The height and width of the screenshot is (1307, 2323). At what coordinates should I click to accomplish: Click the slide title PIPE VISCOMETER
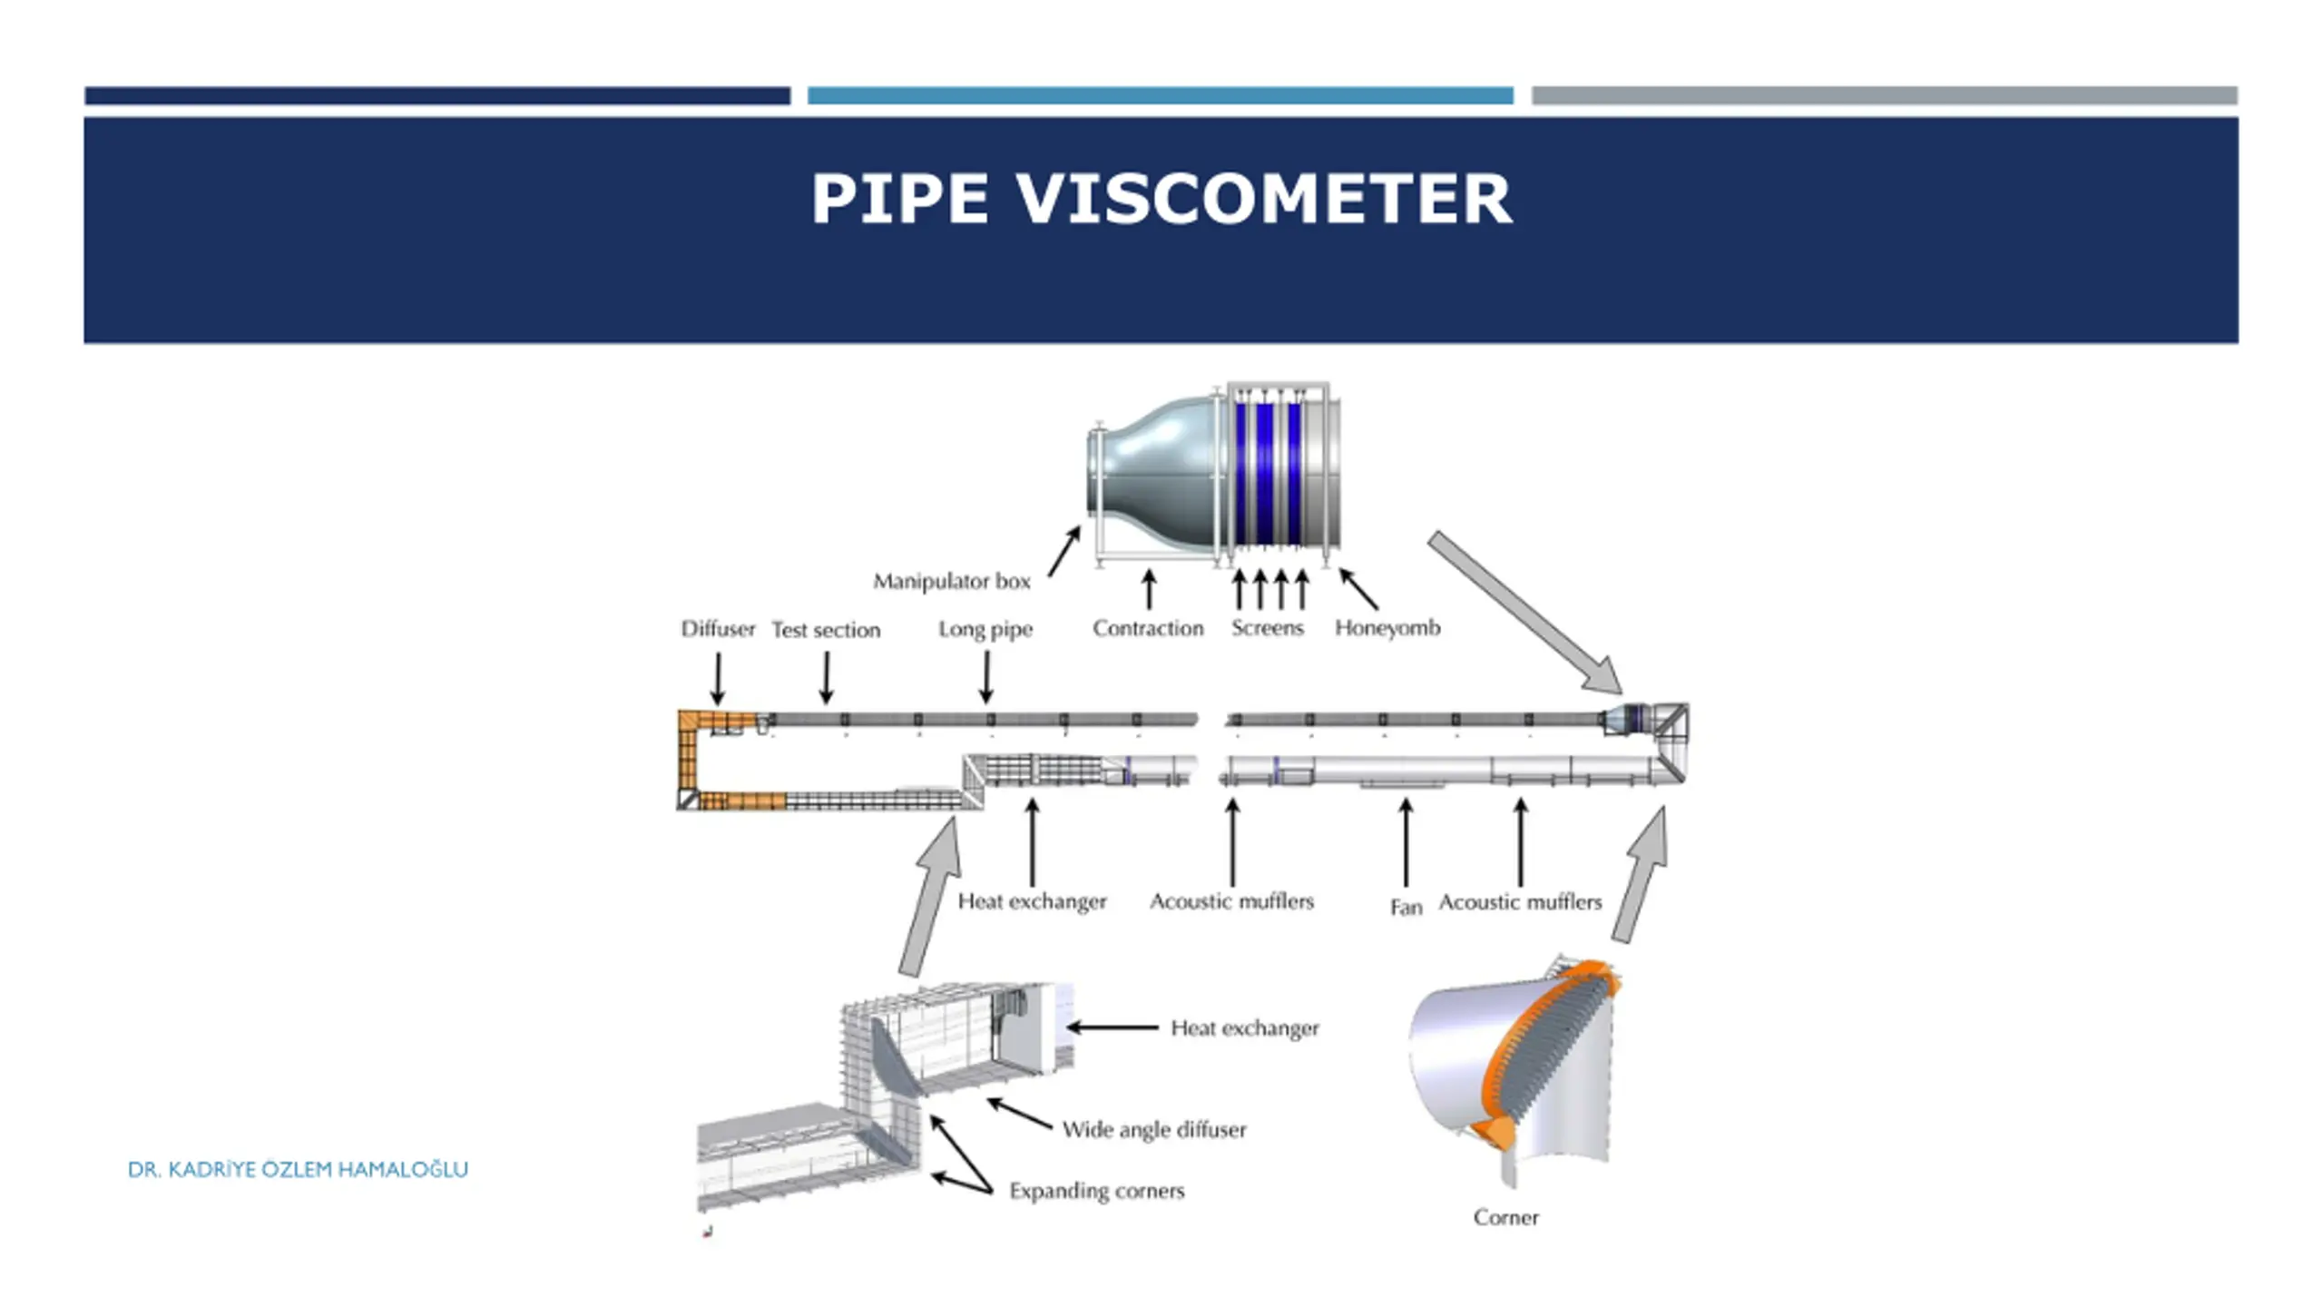click(x=1161, y=198)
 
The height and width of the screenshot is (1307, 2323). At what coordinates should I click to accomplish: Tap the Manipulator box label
click(x=951, y=581)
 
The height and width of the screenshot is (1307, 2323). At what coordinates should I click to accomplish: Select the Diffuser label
click(x=718, y=629)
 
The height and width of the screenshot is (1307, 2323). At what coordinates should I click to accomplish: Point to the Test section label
click(x=826, y=630)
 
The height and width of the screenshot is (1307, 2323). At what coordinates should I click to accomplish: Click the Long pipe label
click(x=985, y=629)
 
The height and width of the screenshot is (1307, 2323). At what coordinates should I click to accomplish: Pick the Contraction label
click(x=1148, y=628)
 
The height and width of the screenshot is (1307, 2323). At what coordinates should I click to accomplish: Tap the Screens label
click(x=1267, y=628)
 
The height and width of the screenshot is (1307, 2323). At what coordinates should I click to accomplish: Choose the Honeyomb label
click(x=1387, y=628)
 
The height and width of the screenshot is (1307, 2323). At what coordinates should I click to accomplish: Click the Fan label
click(x=1406, y=907)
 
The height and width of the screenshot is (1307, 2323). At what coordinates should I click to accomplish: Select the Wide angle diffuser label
click(x=1154, y=1130)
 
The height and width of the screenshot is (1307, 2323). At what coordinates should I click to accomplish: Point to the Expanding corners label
click(x=1096, y=1191)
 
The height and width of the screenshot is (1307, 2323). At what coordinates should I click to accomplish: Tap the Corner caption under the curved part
click(x=1505, y=1217)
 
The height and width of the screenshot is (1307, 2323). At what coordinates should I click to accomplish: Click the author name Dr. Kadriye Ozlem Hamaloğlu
click(x=298, y=1169)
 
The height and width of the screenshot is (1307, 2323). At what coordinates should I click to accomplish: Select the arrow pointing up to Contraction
click(x=1149, y=589)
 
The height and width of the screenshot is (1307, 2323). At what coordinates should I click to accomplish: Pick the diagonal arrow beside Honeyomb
click(x=1358, y=588)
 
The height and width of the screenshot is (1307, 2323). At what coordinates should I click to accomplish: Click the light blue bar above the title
click(x=1160, y=95)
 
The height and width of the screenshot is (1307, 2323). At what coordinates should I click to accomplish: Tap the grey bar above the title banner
click(x=1884, y=95)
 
